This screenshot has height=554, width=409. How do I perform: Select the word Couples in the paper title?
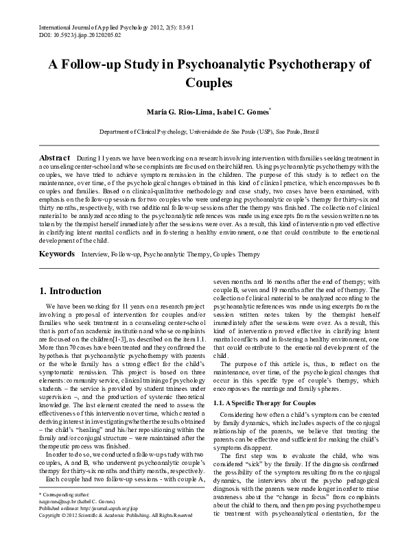pos(204,84)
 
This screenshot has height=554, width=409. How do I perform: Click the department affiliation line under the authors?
pos(204,131)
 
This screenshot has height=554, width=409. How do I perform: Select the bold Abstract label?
pos(55,158)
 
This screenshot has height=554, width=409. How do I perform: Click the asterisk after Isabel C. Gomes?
pos(271,108)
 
